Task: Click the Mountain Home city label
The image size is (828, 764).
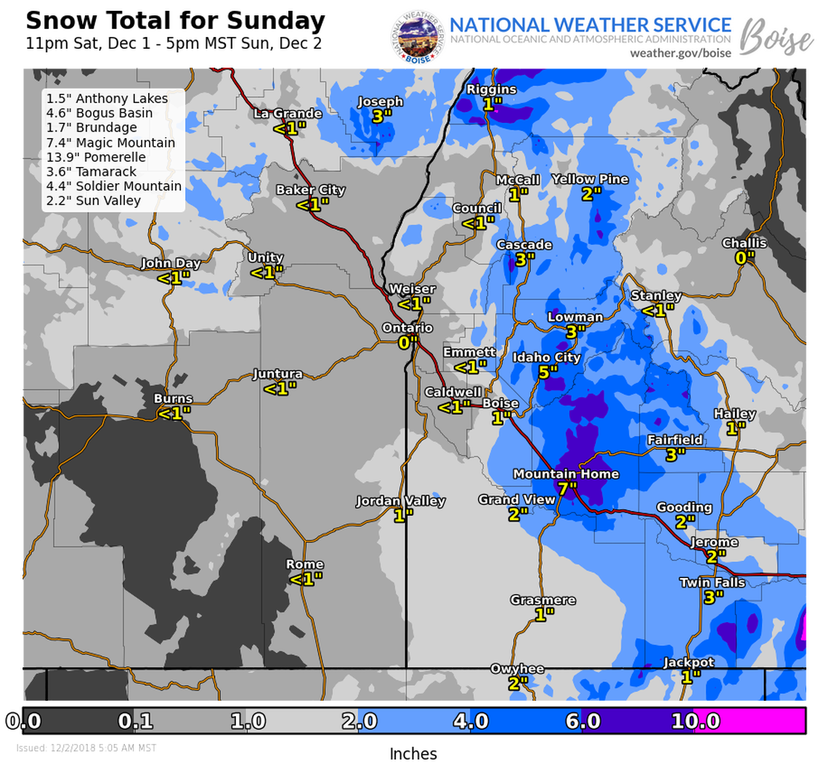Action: coord(566,474)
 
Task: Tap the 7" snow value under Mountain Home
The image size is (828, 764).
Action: coord(567,487)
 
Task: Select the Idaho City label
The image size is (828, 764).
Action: coord(547,357)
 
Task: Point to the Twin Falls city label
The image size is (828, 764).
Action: coord(712,582)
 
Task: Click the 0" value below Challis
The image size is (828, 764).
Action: coord(744,256)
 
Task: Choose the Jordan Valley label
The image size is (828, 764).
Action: coord(400,501)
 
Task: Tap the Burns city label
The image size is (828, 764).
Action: coord(173,399)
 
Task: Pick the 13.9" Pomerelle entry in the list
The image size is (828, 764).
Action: coord(96,157)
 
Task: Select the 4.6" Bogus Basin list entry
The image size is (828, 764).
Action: coord(100,113)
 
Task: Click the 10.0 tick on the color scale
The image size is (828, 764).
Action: coord(695,721)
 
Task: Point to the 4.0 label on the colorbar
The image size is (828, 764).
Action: coord(470,721)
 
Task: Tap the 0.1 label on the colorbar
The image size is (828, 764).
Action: coord(135,721)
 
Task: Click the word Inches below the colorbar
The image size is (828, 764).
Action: coord(413,753)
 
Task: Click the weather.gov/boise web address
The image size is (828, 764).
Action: coord(680,53)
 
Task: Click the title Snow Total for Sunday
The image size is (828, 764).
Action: coord(175,20)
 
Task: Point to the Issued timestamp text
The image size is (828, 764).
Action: coord(86,747)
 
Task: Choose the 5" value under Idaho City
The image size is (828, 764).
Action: coord(548,371)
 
